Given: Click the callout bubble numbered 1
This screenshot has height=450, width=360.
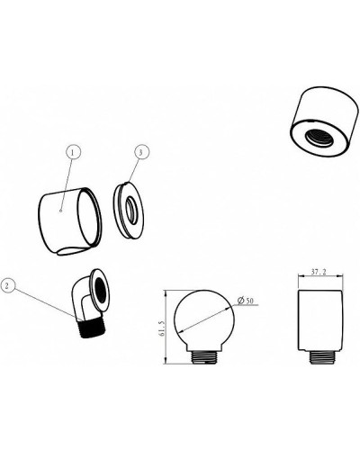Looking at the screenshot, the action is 73,152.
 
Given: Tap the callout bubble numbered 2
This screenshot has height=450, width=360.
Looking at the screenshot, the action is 8,286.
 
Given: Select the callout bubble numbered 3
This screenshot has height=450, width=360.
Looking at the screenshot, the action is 141,152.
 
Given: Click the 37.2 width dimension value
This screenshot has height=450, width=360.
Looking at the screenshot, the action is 319,272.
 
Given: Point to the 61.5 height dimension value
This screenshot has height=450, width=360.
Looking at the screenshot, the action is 162,328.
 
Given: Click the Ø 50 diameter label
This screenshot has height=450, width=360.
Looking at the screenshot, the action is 245,301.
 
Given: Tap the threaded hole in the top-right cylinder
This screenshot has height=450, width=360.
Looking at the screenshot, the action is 319,139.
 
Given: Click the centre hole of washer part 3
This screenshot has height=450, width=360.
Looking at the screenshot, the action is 130,209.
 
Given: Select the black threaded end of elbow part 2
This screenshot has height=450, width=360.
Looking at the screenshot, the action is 93,328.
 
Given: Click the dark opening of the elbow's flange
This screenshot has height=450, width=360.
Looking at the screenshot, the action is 100,291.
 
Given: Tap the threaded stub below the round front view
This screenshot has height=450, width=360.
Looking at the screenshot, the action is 203,357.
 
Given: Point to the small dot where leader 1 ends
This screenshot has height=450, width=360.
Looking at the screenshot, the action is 61,211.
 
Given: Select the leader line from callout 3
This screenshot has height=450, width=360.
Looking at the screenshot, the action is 133,171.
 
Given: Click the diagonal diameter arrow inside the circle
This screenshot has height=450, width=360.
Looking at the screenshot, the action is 205,319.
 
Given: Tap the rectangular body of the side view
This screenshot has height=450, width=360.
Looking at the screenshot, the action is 319,320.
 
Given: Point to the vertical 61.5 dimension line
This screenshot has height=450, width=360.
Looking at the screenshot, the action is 166,327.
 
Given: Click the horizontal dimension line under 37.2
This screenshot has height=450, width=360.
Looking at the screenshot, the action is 320,276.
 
